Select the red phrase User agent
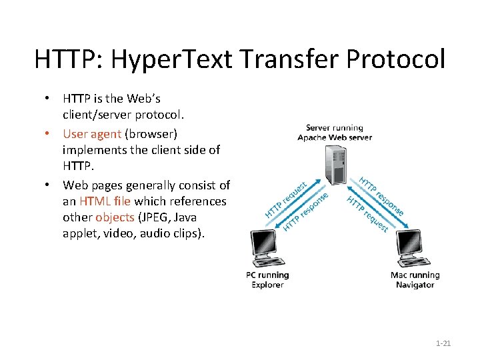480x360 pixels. tap(92, 133)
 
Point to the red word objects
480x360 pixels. tap(115, 217)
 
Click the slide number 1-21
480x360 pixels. tap(443, 343)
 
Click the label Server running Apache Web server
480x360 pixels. tap(335, 132)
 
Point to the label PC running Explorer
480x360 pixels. tap(267, 280)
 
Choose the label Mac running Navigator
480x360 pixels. tap(415, 280)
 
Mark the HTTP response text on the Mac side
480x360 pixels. tap(382, 195)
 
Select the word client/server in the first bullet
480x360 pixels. tap(104, 115)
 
